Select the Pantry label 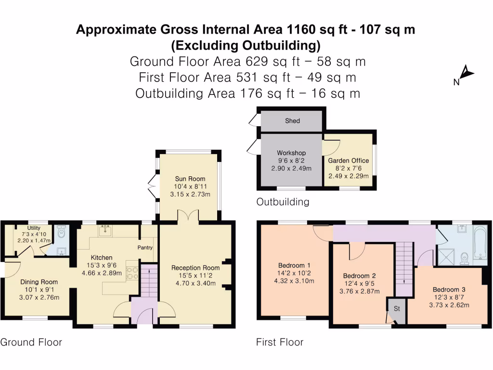tap(145, 248)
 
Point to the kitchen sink tap(105, 230)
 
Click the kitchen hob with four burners tap(132, 273)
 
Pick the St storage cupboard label tap(397, 308)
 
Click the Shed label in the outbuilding tap(292, 121)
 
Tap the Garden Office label tap(349, 160)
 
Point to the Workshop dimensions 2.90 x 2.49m tap(291, 169)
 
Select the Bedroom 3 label tap(449, 290)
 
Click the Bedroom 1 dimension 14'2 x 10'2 tap(294, 273)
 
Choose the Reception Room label tap(195, 268)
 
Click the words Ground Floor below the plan tap(31, 343)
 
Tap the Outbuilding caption tap(283, 202)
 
